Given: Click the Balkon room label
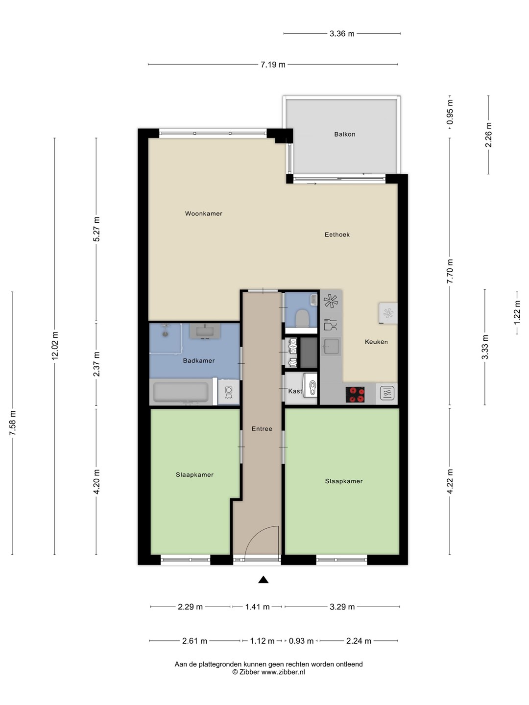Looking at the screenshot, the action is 345,134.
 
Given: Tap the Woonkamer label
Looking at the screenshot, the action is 204,213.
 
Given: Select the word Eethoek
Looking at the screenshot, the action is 337,235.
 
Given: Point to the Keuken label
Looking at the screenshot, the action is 376,342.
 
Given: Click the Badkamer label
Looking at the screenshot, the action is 199,361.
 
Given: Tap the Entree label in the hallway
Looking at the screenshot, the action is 262,429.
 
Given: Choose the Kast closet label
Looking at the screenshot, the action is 295,391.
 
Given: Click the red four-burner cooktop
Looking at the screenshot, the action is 355,395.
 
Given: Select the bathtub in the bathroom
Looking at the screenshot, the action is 181,392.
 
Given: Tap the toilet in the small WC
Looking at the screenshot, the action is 302,318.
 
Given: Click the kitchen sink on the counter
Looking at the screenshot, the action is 331,347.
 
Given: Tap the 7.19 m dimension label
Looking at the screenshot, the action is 273,65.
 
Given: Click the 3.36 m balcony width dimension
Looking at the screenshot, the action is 342,34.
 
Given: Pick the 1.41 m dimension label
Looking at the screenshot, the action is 257,607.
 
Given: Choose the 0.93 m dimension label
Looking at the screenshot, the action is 301,641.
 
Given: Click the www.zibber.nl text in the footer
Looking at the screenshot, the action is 283,672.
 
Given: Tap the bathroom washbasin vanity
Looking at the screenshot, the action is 205,331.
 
